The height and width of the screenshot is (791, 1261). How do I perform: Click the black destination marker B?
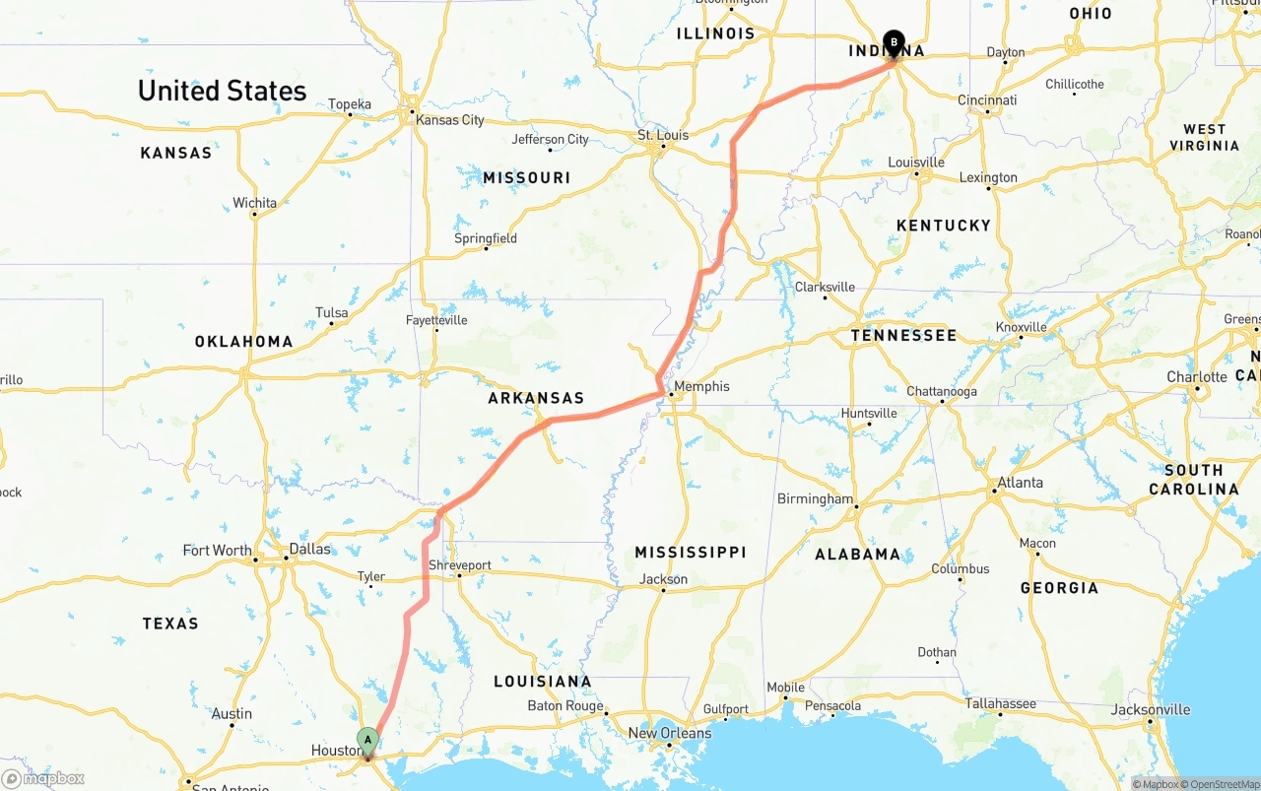point(894,42)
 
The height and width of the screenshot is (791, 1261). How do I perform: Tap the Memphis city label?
point(701,386)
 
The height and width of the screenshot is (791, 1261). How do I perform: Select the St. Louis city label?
point(663,135)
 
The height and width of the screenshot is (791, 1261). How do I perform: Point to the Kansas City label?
point(450,120)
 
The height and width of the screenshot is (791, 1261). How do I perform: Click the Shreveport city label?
point(460,565)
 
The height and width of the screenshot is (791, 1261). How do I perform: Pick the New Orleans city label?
point(670,733)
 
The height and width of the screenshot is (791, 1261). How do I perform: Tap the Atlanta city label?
point(1020,483)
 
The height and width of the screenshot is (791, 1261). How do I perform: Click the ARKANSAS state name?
point(536,399)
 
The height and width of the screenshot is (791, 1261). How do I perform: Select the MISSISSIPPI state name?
point(690,553)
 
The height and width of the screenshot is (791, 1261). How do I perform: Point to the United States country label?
point(222,91)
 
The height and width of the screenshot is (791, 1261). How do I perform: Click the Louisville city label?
point(916,163)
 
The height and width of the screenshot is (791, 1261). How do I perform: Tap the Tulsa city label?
point(332,313)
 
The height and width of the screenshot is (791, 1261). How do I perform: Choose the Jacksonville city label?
point(1151,709)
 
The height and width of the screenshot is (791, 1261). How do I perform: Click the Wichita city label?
point(255,203)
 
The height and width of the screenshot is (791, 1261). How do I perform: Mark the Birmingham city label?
point(816,498)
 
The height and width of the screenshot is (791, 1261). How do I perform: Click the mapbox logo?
point(43,779)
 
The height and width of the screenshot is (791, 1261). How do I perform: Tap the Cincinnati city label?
point(987,100)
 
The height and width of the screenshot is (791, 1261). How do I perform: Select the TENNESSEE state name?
point(903,336)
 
